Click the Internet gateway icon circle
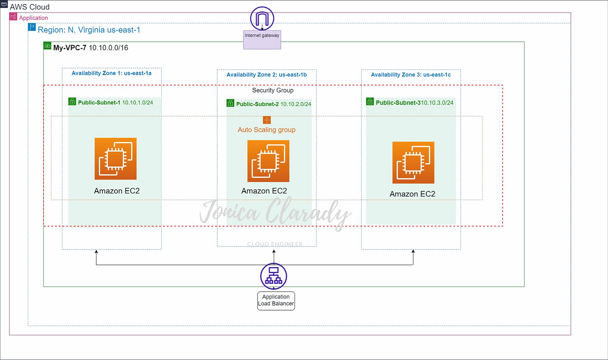262,18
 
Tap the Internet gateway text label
262,35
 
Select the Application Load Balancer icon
273,276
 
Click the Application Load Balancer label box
276,300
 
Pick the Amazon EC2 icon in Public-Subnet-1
116,159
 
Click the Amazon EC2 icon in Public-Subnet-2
268,161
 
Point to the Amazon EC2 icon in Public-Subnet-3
413,163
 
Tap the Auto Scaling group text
266,130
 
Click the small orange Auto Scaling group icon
267,120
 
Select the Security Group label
273,90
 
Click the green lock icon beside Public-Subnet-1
72,102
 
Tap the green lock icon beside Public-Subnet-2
230,103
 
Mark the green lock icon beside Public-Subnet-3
370,102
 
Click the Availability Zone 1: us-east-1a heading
111,73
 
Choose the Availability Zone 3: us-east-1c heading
411,75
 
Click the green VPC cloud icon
47,46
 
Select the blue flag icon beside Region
32,27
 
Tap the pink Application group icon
13,17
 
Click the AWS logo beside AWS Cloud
4,4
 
